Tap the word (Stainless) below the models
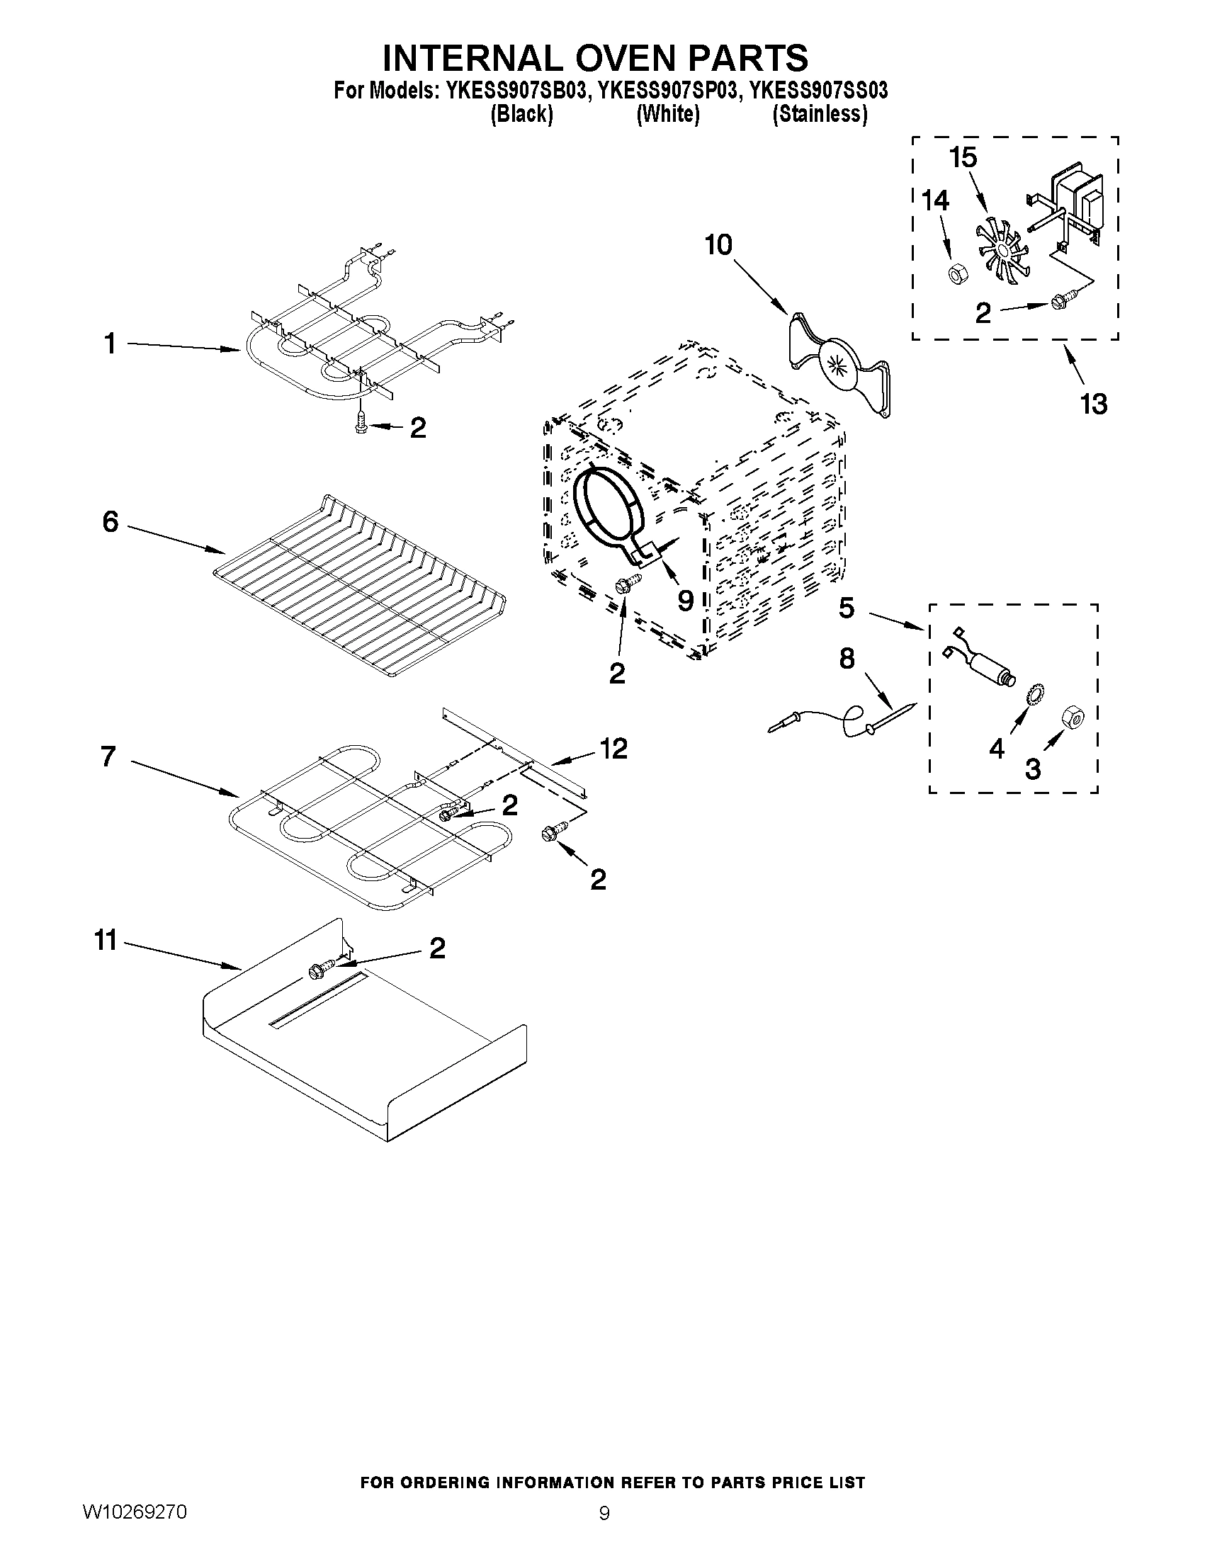tap(820, 114)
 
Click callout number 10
tap(718, 245)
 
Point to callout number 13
tap(1093, 404)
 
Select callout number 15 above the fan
tap(963, 157)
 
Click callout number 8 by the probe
tap(847, 659)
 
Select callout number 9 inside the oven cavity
tap(684, 601)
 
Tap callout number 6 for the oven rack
tap(110, 522)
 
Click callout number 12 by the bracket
tap(613, 749)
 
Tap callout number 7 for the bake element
tap(108, 756)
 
